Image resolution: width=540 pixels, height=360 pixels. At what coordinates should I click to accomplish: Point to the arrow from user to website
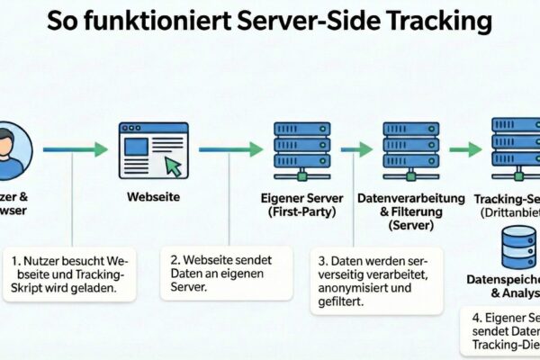coord(76,148)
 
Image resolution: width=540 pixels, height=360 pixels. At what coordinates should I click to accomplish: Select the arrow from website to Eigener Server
coord(230,148)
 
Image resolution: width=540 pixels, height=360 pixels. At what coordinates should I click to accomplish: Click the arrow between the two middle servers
coord(356,148)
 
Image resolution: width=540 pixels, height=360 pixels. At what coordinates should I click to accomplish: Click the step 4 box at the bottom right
coord(504,333)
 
